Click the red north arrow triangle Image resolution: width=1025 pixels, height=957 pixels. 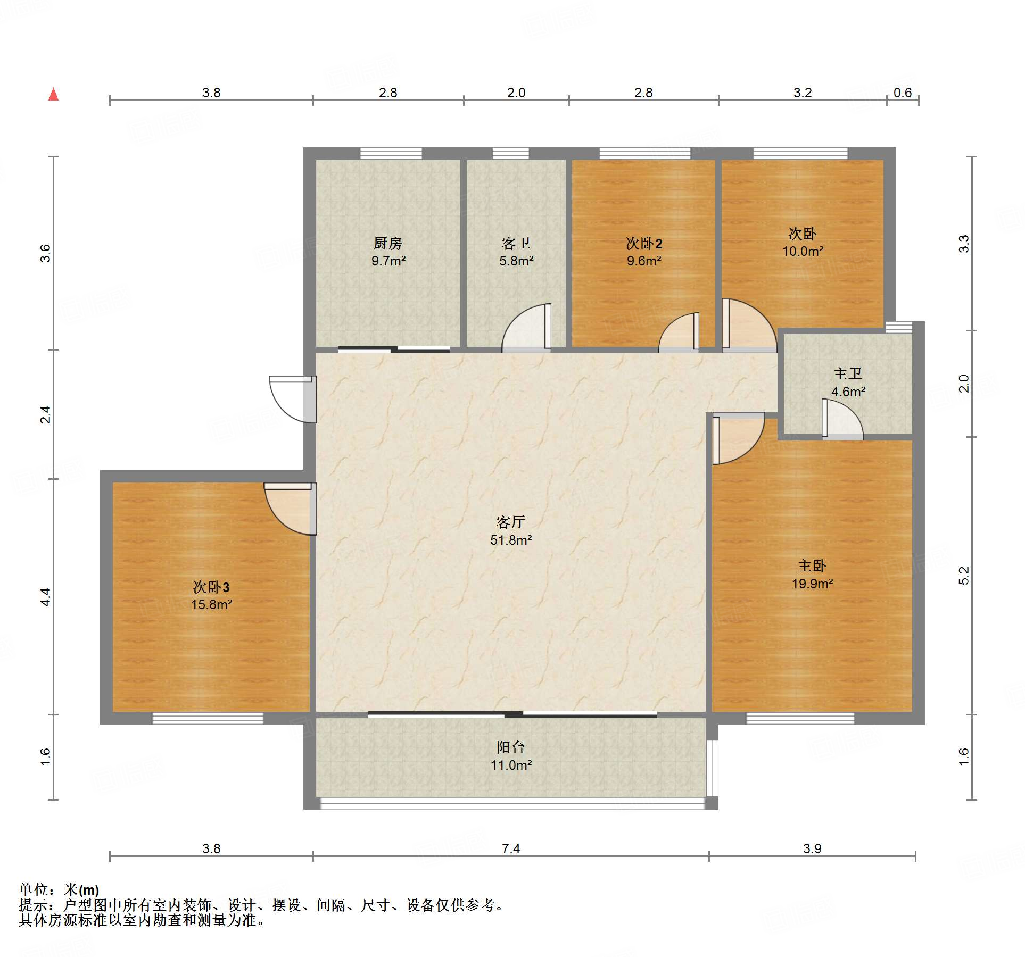pyautogui.click(x=54, y=94)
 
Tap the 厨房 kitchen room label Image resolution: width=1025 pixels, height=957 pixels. pyautogui.click(x=388, y=243)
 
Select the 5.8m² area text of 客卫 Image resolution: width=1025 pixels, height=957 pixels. pyautogui.click(x=516, y=261)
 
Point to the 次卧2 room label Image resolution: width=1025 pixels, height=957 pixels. pyautogui.click(x=644, y=244)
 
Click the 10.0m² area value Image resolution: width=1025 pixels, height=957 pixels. pyautogui.click(x=803, y=251)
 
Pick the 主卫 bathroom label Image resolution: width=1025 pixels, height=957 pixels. pyautogui.click(x=848, y=374)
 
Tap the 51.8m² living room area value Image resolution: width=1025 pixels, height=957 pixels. pyautogui.click(x=511, y=540)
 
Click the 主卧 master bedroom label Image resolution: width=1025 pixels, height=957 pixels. pyautogui.click(x=812, y=566)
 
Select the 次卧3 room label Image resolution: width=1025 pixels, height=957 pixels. pyautogui.click(x=211, y=587)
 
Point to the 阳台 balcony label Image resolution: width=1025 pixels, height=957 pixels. pyautogui.click(x=511, y=747)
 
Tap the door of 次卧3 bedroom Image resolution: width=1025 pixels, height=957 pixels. pyautogui.click(x=291, y=509)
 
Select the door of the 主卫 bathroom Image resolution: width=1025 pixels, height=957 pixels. pyautogui.click(x=842, y=419)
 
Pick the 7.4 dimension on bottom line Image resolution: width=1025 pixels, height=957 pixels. pyautogui.click(x=511, y=848)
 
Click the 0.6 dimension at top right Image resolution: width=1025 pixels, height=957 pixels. pyautogui.click(x=903, y=93)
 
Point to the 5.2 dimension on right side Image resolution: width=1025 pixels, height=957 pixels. pyautogui.click(x=964, y=576)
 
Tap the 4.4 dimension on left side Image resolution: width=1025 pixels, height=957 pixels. pyautogui.click(x=46, y=597)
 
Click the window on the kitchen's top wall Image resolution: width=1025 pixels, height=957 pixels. pyautogui.click(x=391, y=154)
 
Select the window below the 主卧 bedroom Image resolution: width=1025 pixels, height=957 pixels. pyautogui.click(x=800, y=719)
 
